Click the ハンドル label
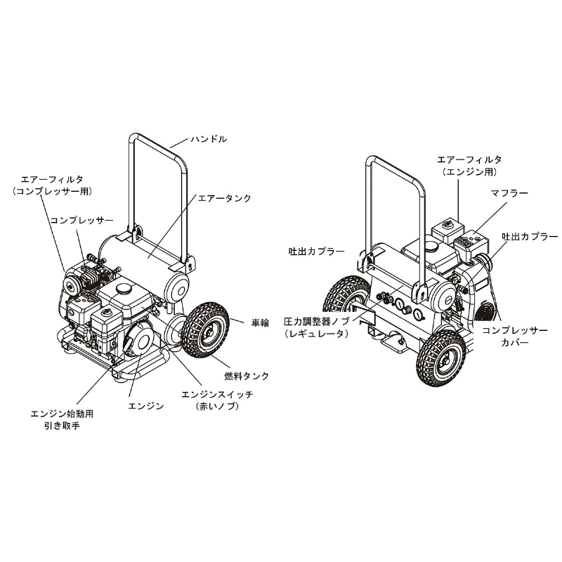pos(209,139)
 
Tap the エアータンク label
pos(224,198)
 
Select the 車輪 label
pos(260,323)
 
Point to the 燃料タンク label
pos(247,376)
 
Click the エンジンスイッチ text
pos(217,395)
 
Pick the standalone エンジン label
pos(146,406)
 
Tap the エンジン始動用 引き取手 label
pos(62,419)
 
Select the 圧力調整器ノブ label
pos(316,321)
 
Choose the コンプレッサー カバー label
pos(515,336)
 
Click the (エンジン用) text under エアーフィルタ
pos(469,172)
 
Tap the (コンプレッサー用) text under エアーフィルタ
pos(52,191)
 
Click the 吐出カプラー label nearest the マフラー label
pos(530,237)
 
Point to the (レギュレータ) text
pos(316,334)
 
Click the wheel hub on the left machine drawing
pos(207,332)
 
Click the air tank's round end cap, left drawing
pos(177,287)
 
